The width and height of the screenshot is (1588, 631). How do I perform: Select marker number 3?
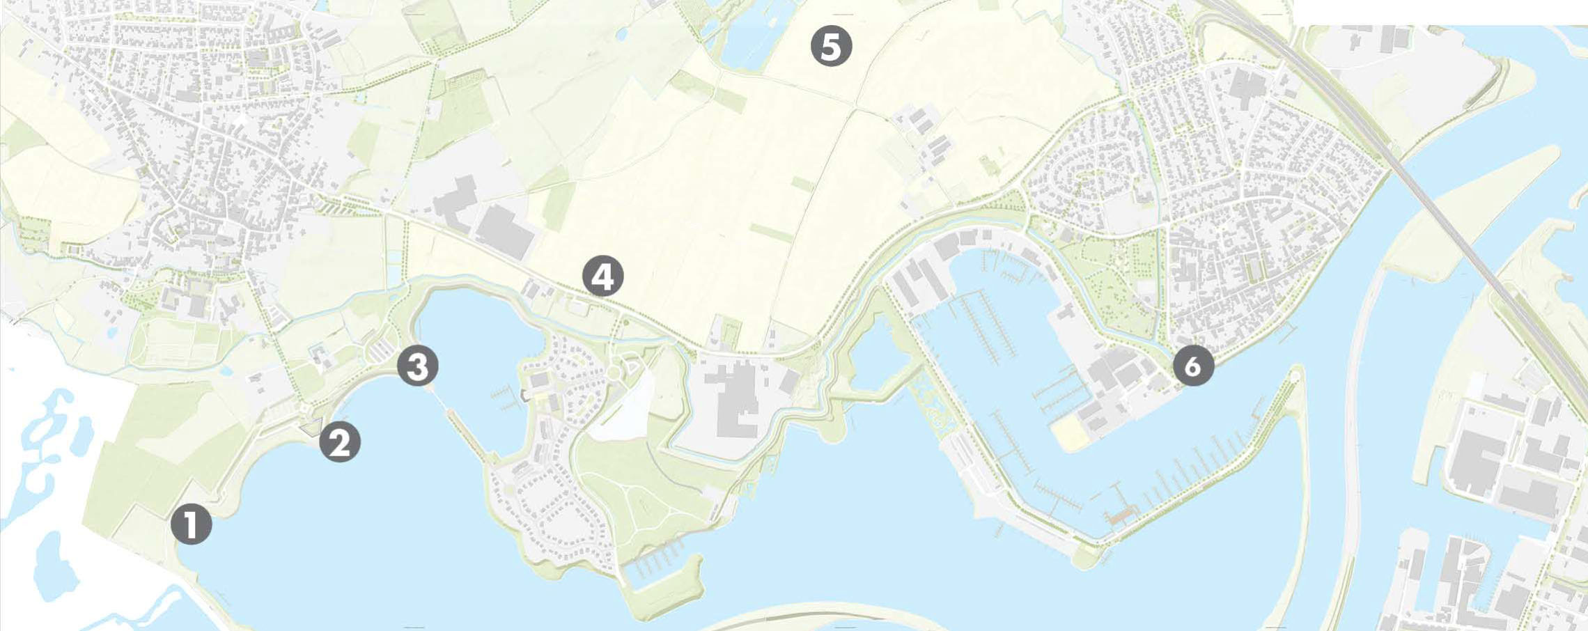click(418, 366)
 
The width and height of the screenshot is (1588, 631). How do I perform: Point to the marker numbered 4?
click(603, 276)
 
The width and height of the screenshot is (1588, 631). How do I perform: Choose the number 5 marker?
click(831, 47)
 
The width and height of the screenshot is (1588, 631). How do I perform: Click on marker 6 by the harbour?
click(1193, 366)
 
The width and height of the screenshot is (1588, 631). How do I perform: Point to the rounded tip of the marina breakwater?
click(1294, 377)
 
